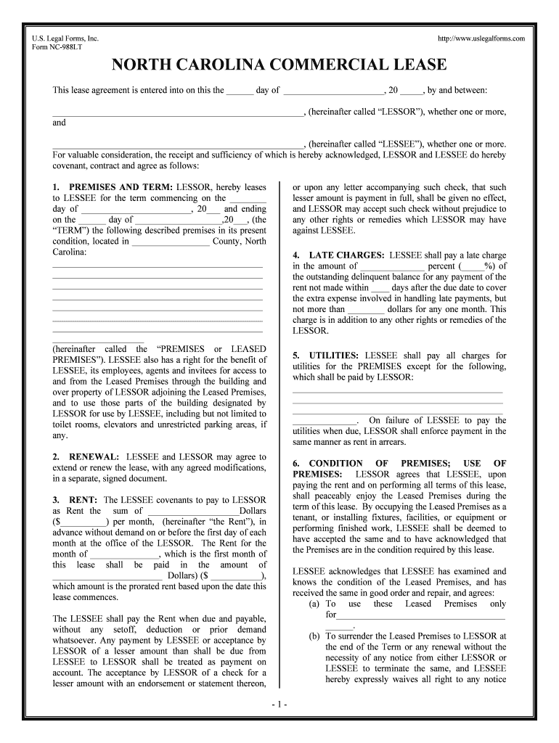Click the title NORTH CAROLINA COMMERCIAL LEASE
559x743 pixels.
click(279, 65)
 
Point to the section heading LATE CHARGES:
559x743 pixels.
click(346, 255)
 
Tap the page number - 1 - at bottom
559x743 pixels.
click(279, 705)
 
